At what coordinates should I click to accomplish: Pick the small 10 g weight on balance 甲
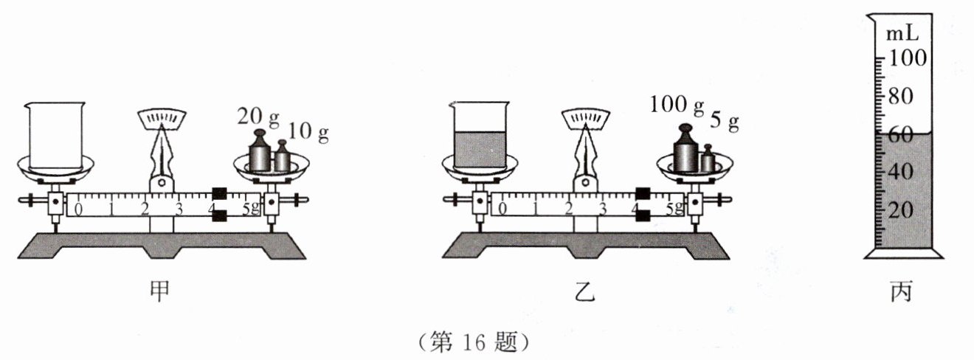[282, 156]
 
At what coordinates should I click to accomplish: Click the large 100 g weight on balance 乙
[685, 152]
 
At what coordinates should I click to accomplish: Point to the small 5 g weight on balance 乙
[708, 159]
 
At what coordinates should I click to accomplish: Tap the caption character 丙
[902, 291]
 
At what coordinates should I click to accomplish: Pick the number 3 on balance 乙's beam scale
[603, 208]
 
